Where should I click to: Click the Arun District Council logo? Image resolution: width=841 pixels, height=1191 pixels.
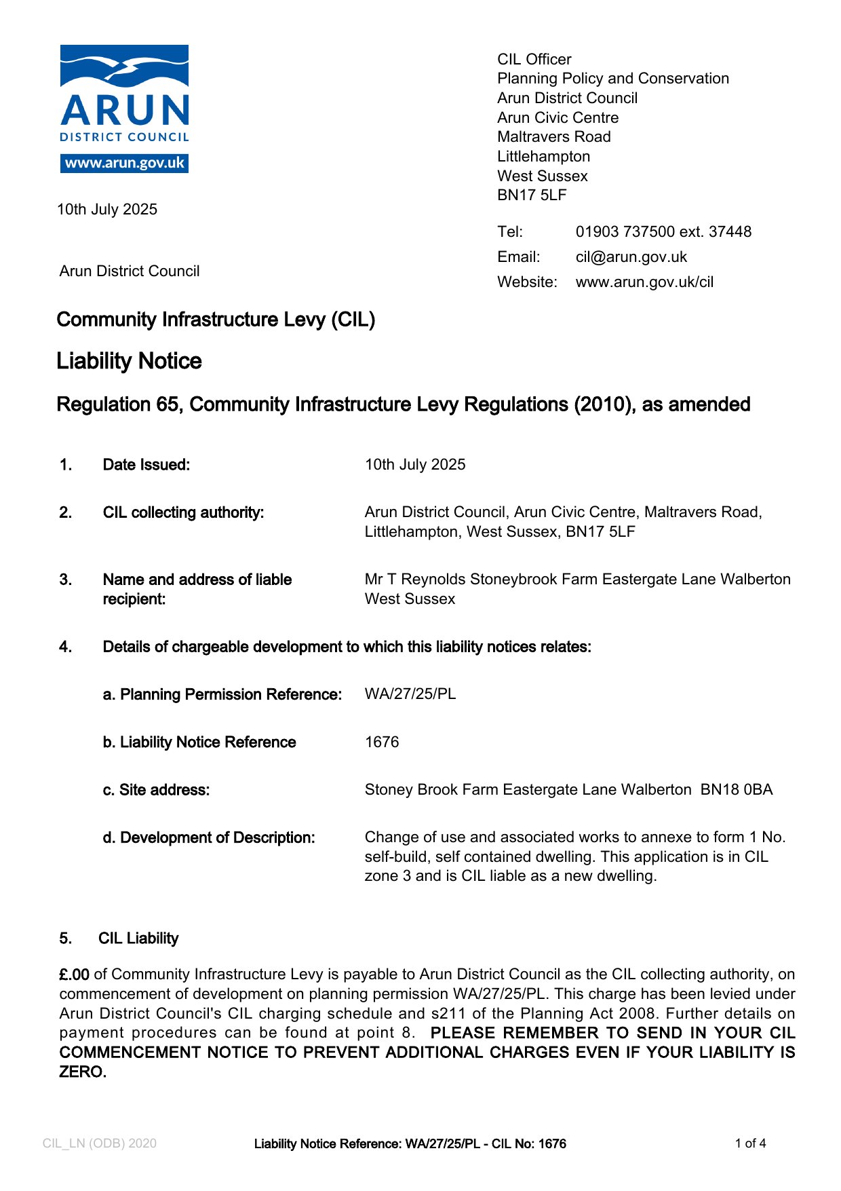124,95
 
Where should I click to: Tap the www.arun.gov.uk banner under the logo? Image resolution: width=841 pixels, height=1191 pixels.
124,164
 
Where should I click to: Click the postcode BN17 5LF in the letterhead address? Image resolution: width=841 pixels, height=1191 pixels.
532,195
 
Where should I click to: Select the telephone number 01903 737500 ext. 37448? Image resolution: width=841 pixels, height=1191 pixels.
663,232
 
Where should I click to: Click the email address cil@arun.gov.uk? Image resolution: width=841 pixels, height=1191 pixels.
631,257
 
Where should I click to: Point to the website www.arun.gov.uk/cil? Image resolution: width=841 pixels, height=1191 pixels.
644,282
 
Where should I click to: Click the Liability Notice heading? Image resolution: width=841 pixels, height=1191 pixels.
129,361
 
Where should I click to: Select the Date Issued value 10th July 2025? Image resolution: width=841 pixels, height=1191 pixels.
415,465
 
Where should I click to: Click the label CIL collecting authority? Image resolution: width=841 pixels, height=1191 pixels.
183,512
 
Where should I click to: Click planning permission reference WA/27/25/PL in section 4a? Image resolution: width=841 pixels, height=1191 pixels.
410,694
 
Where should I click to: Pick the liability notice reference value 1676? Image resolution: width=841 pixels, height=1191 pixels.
382,742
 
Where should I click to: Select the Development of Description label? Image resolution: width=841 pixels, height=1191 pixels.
209,838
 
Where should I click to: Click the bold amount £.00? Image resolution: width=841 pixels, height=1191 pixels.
74,975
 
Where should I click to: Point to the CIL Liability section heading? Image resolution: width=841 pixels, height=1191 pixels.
138,939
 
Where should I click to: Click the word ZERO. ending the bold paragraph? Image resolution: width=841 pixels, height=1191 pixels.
83,1073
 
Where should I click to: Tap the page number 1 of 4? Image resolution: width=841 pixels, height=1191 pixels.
750,1143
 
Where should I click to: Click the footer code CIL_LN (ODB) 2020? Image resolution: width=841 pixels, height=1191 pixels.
99,1143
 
